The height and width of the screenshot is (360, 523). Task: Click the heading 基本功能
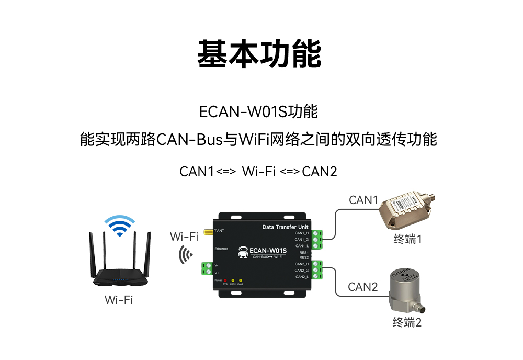point(259,54)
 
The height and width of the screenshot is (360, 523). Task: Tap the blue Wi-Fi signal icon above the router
point(119,226)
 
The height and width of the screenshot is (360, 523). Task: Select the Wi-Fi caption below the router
point(119,300)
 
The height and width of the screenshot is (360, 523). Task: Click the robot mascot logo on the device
point(242,252)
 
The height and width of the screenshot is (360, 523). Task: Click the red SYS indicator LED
point(225,280)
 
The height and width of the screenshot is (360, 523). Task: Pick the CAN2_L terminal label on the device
point(302,276)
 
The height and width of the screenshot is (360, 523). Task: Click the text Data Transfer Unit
point(284,227)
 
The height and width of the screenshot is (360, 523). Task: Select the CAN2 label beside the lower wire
point(362,287)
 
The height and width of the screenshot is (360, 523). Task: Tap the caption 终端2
point(407,322)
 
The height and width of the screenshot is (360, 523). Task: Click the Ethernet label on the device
point(221,249)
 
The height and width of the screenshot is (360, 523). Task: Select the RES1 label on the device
point(304,253)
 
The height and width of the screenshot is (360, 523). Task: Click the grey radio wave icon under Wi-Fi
point(185,255)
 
